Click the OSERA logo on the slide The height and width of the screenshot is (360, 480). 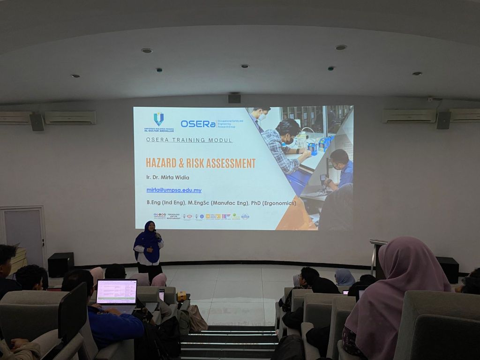[198, 124]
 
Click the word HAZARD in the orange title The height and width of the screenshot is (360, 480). [162, 163]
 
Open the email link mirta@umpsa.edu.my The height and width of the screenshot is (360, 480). [174, 190]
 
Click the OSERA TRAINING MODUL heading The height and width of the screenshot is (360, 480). [189, 140]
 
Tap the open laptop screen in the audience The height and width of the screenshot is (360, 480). [117, 292]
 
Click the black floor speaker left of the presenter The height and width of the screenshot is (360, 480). [61, 264]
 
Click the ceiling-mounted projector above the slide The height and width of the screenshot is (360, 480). [234, 97]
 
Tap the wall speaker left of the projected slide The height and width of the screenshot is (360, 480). [37, 122]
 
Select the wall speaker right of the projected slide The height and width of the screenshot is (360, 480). [443, 120]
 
